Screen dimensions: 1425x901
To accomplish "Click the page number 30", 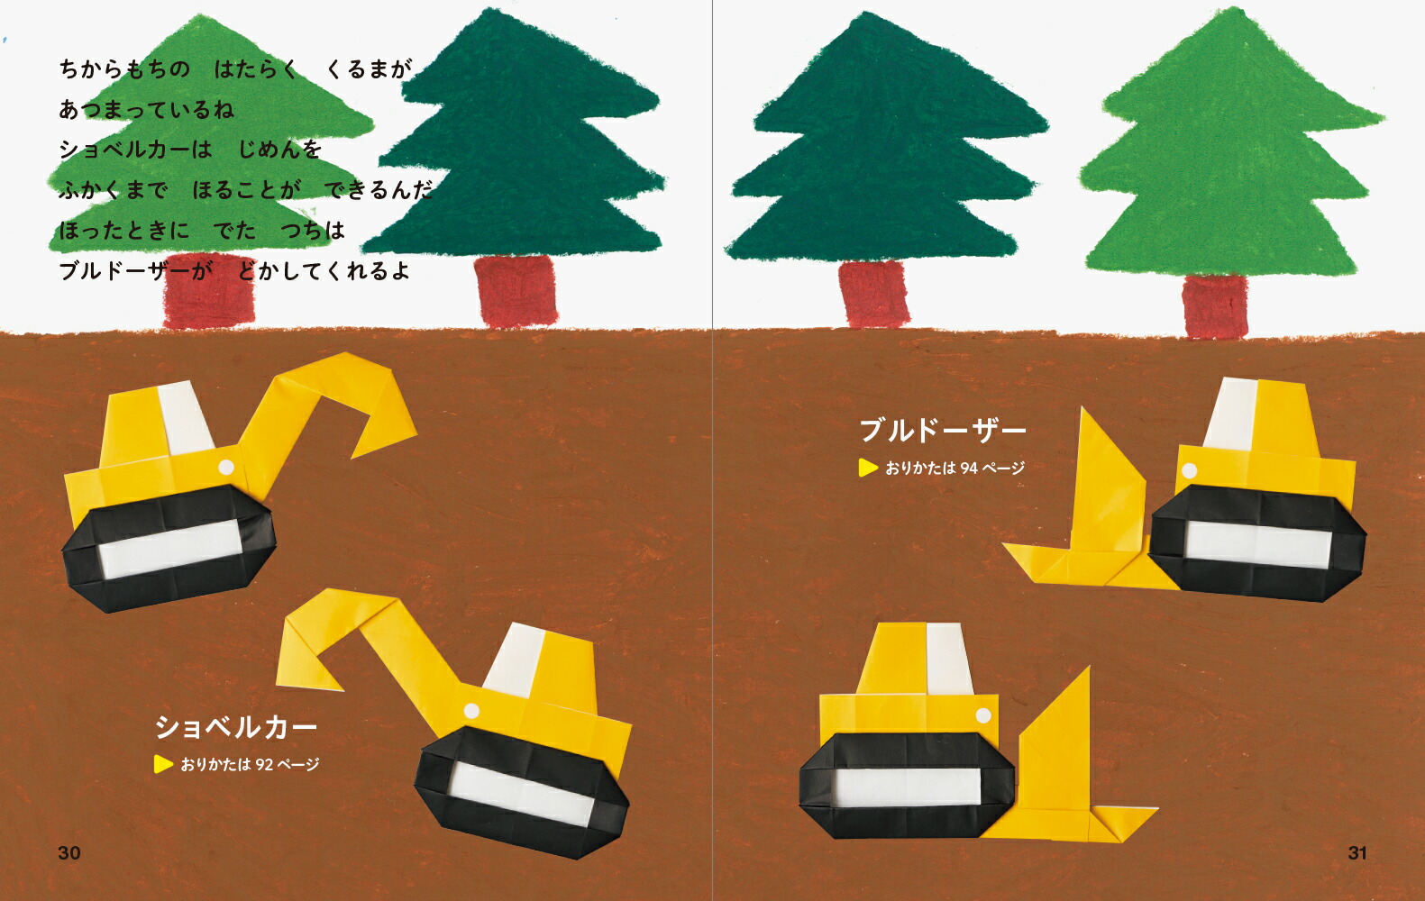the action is tap(69, 852).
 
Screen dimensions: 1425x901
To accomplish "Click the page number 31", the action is tap(1356, 852).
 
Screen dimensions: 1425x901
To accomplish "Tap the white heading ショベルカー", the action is tap(236, 727).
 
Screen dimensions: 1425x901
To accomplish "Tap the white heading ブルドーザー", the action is tap(943, 431).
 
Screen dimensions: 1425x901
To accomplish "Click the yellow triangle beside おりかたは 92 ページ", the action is tap(163, 764).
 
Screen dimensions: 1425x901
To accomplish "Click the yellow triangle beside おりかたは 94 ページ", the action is tap(868, 468).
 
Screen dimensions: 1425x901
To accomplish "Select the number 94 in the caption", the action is tap(970, 468).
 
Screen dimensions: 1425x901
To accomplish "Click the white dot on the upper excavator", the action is tap(226, 468).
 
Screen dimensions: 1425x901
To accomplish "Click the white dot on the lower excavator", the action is tap(471, 711).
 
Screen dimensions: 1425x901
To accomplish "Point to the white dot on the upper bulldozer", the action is tap(1190, 471).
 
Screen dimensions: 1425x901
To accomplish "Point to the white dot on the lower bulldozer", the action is tap(983, 716).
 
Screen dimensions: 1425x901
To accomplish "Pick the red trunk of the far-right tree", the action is tap(1215, 306).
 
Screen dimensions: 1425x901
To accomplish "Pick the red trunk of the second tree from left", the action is tap(516, 291).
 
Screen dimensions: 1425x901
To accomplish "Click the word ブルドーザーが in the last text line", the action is tap(135, 271).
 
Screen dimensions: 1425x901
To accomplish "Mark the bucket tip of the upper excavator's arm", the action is tap(352, 457).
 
